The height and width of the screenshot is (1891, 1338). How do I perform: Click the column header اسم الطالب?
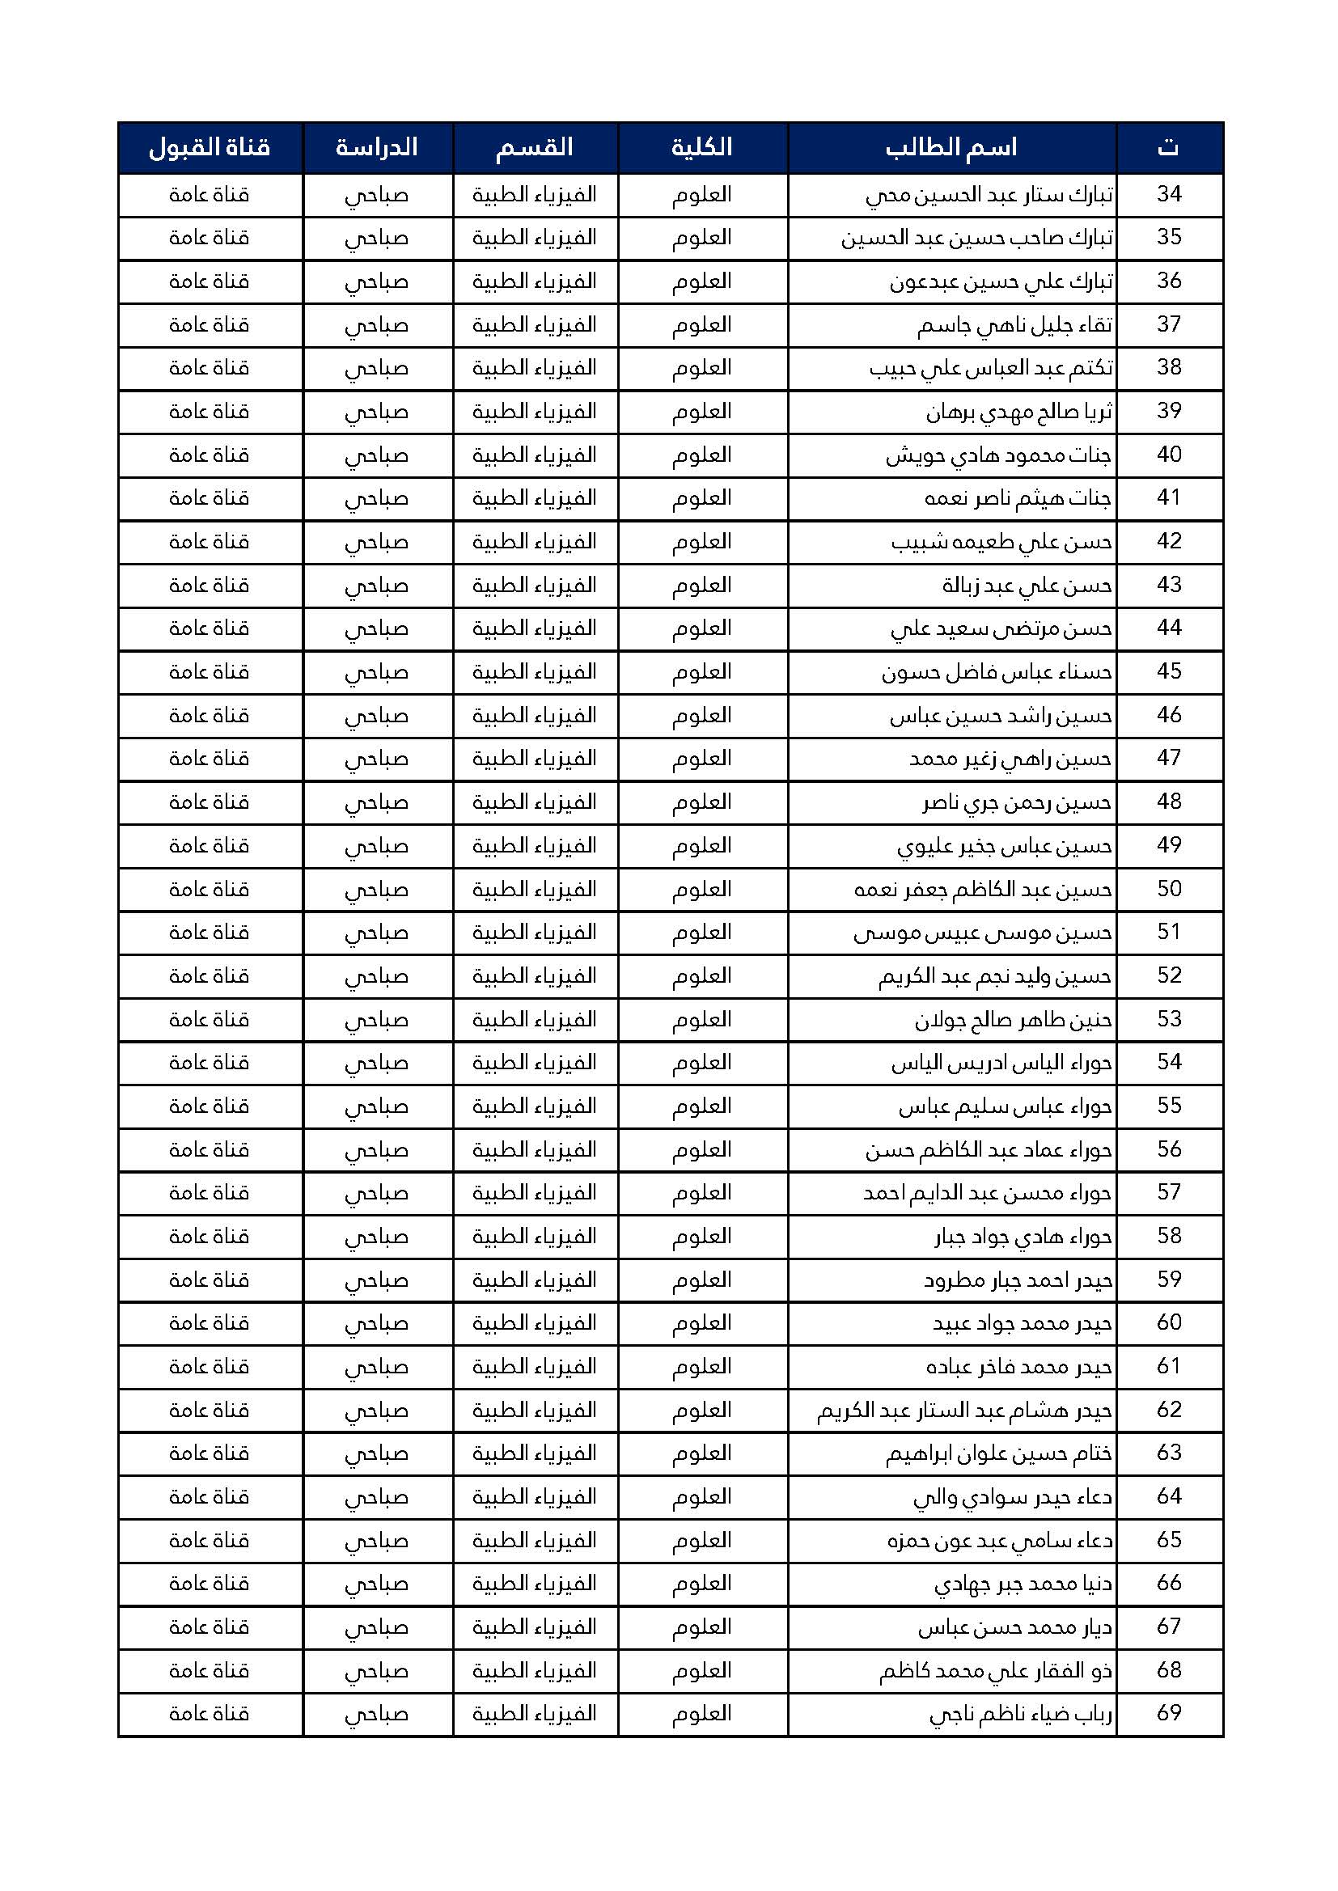(951, 148)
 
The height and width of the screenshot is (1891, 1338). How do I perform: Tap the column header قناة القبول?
(210, 148)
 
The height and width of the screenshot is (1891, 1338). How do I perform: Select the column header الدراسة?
(376, 148)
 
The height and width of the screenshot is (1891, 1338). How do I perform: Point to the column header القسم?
(534, 148)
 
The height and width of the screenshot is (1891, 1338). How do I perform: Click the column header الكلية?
(702, 148)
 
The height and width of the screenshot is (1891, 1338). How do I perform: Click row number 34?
(1169, 194)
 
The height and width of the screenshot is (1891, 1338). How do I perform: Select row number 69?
(1169, 1713)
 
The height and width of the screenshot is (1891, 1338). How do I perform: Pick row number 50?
(1169, 889)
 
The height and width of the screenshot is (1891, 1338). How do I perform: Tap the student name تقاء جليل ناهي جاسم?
(1015, 325)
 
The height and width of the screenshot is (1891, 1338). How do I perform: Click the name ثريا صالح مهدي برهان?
(1019, 412)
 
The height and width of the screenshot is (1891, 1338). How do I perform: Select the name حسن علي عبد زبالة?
(1027, 586)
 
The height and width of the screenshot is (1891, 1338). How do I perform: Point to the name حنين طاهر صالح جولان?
(1014, 1021)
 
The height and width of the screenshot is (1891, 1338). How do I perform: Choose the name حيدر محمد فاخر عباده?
(1019, 1367)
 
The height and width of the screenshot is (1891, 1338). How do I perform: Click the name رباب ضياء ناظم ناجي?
(1021, 1714)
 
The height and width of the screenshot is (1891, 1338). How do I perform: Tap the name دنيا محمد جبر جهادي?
(1023, 1584)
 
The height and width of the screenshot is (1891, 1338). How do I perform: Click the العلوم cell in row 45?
(702, 672)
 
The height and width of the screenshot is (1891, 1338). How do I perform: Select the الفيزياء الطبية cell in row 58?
(534, 1236)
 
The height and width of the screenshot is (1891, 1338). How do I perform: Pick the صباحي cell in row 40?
(376, 455)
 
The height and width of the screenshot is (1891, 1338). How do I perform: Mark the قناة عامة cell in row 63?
(210, 1453)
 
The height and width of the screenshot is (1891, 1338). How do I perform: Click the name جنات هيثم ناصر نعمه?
(1018, 498)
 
